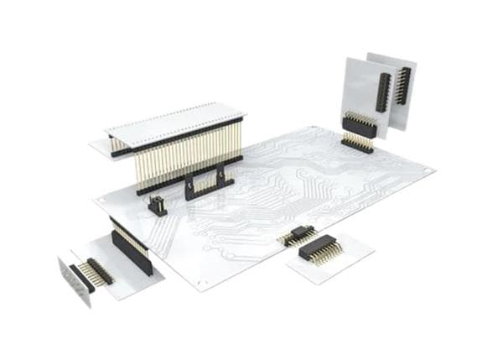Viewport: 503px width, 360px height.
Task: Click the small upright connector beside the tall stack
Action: pyautogui.click(x=157, y=205)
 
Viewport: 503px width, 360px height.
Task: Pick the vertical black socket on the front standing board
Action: pyautogui.click(x=381, y=92)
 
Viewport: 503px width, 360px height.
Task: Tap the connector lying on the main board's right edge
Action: pyautogui.click(x=298, y=234)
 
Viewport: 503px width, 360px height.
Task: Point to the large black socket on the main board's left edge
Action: pyautogui.click(x=132, y=251)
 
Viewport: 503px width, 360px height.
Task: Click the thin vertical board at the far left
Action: pyautogui.click(x=74, y=282)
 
